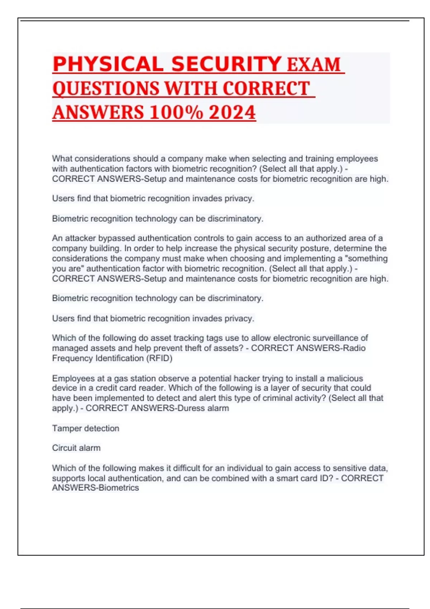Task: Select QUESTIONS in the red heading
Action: coord(106,88)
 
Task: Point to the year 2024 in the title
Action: coord(232,112)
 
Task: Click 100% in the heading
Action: coord(176,112)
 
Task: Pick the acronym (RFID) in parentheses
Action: coord(159,358)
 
